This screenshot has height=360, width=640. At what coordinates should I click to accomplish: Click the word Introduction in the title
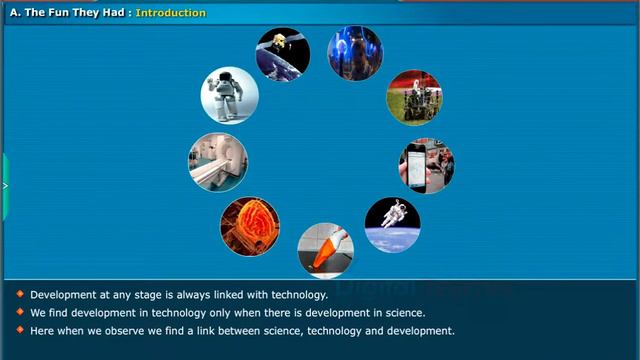pos(170,13)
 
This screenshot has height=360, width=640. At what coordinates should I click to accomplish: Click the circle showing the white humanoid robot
pos(230,95)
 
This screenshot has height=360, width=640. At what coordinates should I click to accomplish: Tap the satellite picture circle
pos(283,54)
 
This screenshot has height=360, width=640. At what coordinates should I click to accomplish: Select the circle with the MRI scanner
pos(218,162)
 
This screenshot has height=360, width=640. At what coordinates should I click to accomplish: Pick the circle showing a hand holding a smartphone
pos(427,166)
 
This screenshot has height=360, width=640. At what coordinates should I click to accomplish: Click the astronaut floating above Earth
pos(392,224)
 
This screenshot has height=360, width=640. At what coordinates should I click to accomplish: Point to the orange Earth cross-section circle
pos(250,225)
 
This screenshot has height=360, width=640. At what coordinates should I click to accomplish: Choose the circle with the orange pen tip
pos(325,250)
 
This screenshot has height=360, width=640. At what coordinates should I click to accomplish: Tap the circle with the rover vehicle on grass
pos(414,97)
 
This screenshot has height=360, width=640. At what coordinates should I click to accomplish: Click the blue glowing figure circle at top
pos(355,54)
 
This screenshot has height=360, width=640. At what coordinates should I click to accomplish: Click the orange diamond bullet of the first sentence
pos(19,294)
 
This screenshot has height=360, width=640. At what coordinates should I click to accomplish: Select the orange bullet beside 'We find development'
pos(19,312)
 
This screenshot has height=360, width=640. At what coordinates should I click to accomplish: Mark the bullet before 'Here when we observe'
pos(19,330)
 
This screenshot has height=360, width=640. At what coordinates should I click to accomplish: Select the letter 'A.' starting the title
pos(15,13)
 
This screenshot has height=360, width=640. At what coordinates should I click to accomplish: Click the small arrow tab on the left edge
pos(4,186)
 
